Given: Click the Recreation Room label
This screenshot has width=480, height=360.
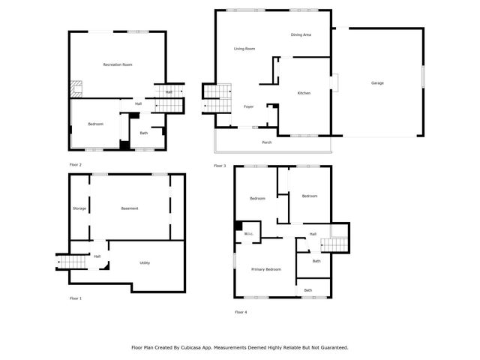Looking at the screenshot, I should click(x=118, y=65).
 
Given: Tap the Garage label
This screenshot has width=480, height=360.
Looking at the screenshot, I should click(x=377, y=82).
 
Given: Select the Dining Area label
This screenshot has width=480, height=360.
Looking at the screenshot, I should click(x=301, y=35).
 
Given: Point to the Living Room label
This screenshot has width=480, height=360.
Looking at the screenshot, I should click(x=244, y=49).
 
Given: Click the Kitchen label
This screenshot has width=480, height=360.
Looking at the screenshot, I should click(x=304, y=93).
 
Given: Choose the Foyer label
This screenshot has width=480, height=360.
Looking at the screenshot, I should click(x=248, y=106).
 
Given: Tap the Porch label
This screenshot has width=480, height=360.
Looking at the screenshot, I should click(x=266, y=142).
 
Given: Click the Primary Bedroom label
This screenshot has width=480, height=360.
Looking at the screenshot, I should click(x=266, y=269).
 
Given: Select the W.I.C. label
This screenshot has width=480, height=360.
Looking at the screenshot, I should click(x=248, y=235).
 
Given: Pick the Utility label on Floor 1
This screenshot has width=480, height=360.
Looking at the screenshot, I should click(x=145, y=262).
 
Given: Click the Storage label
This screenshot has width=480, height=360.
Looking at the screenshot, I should click(x=79, y=208).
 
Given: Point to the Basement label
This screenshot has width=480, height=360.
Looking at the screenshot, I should click(x=130, y=208).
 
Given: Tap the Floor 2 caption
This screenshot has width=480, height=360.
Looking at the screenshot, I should click(x=76, y=164).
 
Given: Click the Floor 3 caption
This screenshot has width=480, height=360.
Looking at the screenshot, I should click(x=220, y=165).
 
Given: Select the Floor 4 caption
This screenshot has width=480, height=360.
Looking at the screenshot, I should click(x=240, y=312).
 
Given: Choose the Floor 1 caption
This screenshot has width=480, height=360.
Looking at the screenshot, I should click(x=76, y=298).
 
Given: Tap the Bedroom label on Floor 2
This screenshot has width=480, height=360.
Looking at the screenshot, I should click(x=95, y=124).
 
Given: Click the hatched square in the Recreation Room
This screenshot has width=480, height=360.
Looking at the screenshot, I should click(x=76, y=88).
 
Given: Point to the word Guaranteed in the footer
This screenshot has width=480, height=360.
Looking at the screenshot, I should click(x=331, y=347).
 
